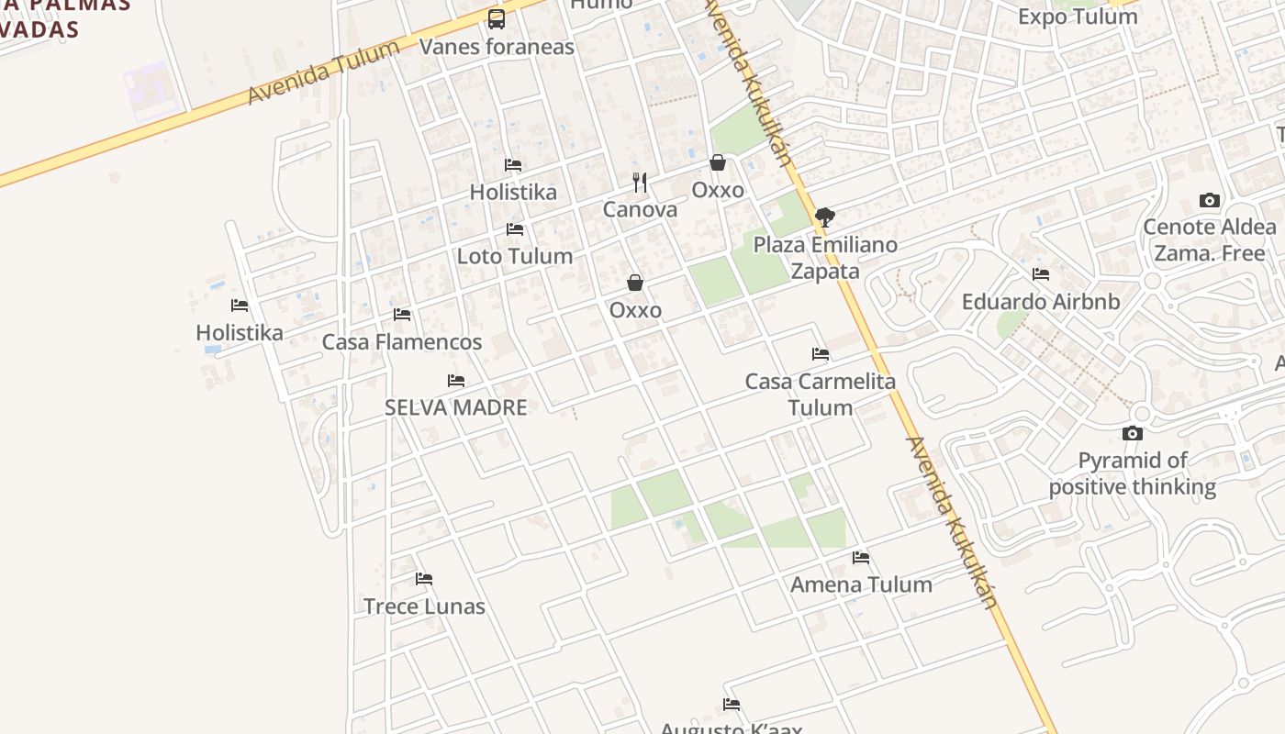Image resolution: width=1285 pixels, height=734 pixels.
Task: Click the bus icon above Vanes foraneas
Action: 497,18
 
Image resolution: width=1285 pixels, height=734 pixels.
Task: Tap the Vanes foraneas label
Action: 497,47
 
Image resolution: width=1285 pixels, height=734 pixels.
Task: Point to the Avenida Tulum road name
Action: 323,72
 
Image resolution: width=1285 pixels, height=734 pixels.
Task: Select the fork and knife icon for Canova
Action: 640,183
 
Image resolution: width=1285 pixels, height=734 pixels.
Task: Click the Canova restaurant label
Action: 640,209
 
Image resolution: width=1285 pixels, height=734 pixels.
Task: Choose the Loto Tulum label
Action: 514,256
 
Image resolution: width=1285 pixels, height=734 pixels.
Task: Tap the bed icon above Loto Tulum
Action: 515,229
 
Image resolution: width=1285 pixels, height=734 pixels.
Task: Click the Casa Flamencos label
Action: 401,342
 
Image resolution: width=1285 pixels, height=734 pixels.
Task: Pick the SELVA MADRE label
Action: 455,407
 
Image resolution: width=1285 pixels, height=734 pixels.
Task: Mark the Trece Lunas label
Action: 424,606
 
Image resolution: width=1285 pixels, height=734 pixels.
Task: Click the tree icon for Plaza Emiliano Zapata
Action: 824,217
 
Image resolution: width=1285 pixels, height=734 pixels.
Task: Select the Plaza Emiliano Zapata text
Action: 825,258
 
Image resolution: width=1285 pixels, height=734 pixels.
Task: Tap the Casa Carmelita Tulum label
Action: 821,394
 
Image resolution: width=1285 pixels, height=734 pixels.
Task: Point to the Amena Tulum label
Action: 861,584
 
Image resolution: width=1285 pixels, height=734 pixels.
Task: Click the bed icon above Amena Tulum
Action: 860,557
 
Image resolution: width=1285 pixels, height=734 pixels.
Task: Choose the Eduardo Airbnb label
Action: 1041,302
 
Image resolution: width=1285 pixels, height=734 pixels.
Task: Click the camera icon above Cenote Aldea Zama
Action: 1210,200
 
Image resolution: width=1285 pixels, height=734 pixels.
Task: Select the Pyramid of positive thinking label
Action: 1133,473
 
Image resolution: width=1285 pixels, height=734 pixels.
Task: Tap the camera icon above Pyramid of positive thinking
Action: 1133,433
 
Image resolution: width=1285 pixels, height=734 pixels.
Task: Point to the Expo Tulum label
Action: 1078,17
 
